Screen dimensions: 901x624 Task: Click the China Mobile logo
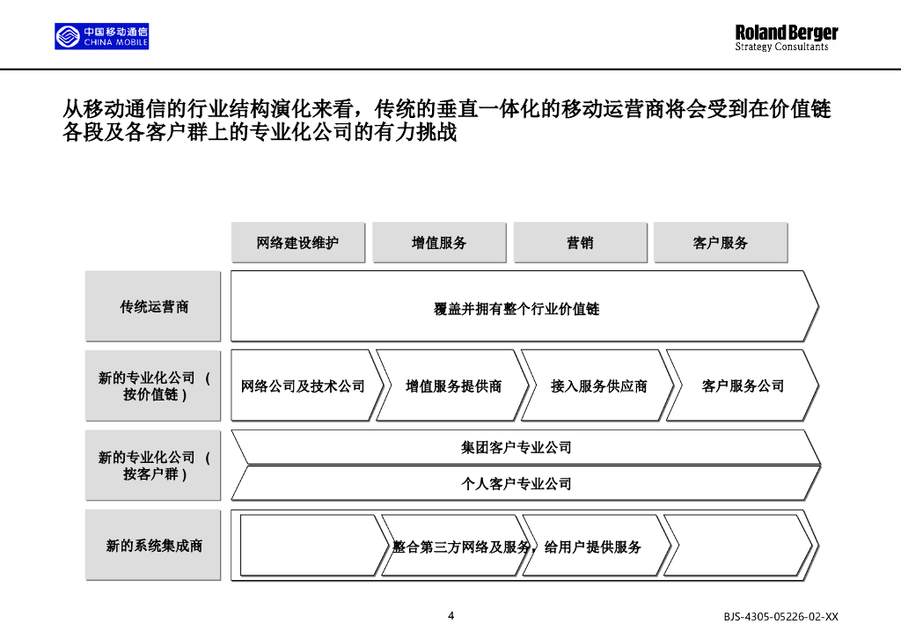click(x=102, y=36)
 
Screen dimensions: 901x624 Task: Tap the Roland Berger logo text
click(x=786, y=37)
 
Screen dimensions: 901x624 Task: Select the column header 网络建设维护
click(x=297, y=243)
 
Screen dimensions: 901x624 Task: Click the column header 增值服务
click(x=439, y=243)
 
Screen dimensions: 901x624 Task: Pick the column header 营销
click(x=580, y=243)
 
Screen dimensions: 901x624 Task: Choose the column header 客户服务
click(x=720, y=243)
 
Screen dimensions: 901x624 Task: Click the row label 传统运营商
click(x=153, y=306)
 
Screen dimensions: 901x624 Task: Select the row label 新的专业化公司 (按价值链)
click(x=153, y=386)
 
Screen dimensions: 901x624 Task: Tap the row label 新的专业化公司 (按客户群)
click(x=153, y=466)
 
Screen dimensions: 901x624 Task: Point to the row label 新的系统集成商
click(x=153, y=546)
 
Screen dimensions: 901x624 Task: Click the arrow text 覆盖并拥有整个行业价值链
click(x=517, y=309)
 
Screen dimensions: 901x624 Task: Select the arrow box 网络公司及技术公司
click(x=303, y=386)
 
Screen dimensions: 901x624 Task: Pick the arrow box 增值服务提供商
click(x=453, y=386)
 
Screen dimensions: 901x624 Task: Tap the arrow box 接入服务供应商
click(x=598, y=386)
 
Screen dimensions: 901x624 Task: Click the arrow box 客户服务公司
click(x=743, y=386)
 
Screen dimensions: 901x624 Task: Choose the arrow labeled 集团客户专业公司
click(x=517, y=447)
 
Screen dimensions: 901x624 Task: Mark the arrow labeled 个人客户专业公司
click(x=517, y=483)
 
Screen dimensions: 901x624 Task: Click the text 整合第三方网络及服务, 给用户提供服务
click(x=517, y=547)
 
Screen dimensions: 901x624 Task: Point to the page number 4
click(x=450, y=615)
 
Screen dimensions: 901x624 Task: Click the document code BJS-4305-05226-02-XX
click(x=781, y=616)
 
